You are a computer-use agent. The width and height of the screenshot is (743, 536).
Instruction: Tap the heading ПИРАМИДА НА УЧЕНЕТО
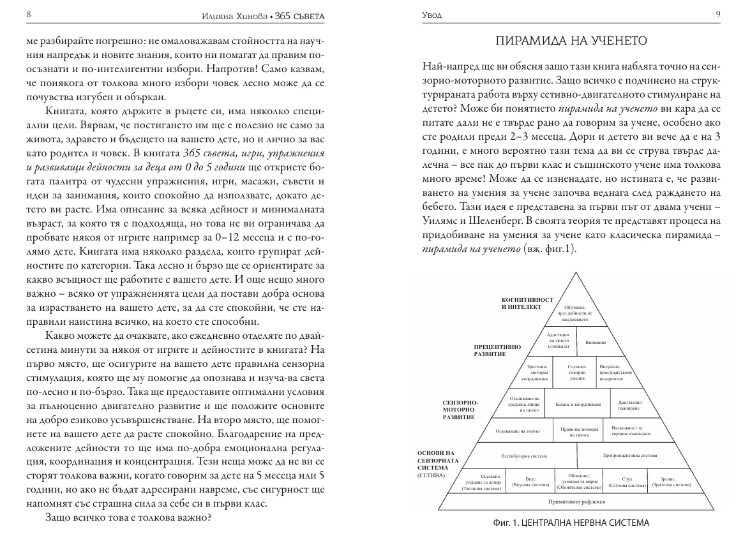click(x=572, y=41)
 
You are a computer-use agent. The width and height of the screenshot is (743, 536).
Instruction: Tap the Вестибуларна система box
click(x=523, y=456)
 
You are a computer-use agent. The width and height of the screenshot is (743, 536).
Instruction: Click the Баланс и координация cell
click(x=577, y=404)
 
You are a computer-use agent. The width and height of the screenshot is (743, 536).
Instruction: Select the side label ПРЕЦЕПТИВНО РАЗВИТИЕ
click(x=498, y=350)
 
